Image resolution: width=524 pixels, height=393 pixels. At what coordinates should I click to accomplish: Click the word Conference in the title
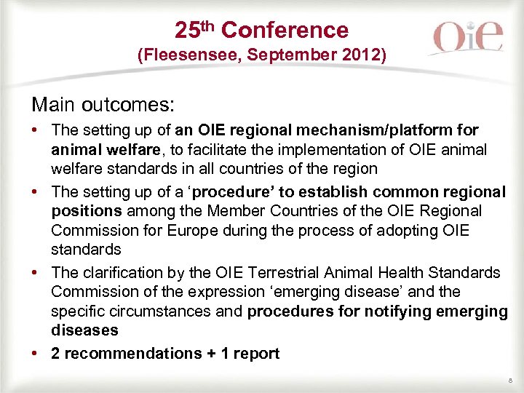click(x=285, y=30)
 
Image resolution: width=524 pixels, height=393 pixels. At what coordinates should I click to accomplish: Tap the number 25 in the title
click(x=187, y=30)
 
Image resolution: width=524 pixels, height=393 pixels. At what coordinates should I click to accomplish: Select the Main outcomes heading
click(x=103, y=104)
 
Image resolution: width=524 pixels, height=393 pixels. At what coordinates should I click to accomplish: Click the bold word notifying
click(x=394, y=311)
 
